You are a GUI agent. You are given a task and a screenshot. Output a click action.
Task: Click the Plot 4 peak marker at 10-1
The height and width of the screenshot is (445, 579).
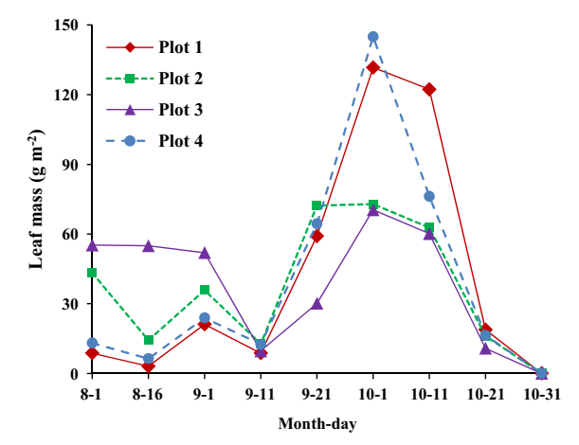[373, 37]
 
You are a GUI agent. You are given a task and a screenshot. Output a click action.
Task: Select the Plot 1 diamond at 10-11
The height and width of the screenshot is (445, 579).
[429, 89]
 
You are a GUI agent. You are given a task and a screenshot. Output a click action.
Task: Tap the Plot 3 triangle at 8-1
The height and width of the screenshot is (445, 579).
[92, 245]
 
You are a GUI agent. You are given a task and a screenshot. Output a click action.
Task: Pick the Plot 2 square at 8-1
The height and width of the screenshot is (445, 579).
[92, 273]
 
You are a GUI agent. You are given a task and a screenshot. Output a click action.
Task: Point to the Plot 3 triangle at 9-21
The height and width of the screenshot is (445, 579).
[317, 304]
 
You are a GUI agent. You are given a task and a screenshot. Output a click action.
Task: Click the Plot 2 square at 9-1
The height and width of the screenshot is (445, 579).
[205, 290]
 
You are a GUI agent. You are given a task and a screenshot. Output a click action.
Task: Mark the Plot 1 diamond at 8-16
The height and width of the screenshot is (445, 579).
[149, 366]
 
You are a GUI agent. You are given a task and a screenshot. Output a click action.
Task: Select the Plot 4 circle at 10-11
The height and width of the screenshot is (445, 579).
[429, 196]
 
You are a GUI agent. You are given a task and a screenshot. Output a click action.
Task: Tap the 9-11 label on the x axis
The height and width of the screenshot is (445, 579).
[261, 393]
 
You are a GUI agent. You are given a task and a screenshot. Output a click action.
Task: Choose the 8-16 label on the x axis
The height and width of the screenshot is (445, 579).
[149, 393]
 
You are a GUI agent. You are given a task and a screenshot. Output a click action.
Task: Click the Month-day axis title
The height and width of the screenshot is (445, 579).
[317, 423]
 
